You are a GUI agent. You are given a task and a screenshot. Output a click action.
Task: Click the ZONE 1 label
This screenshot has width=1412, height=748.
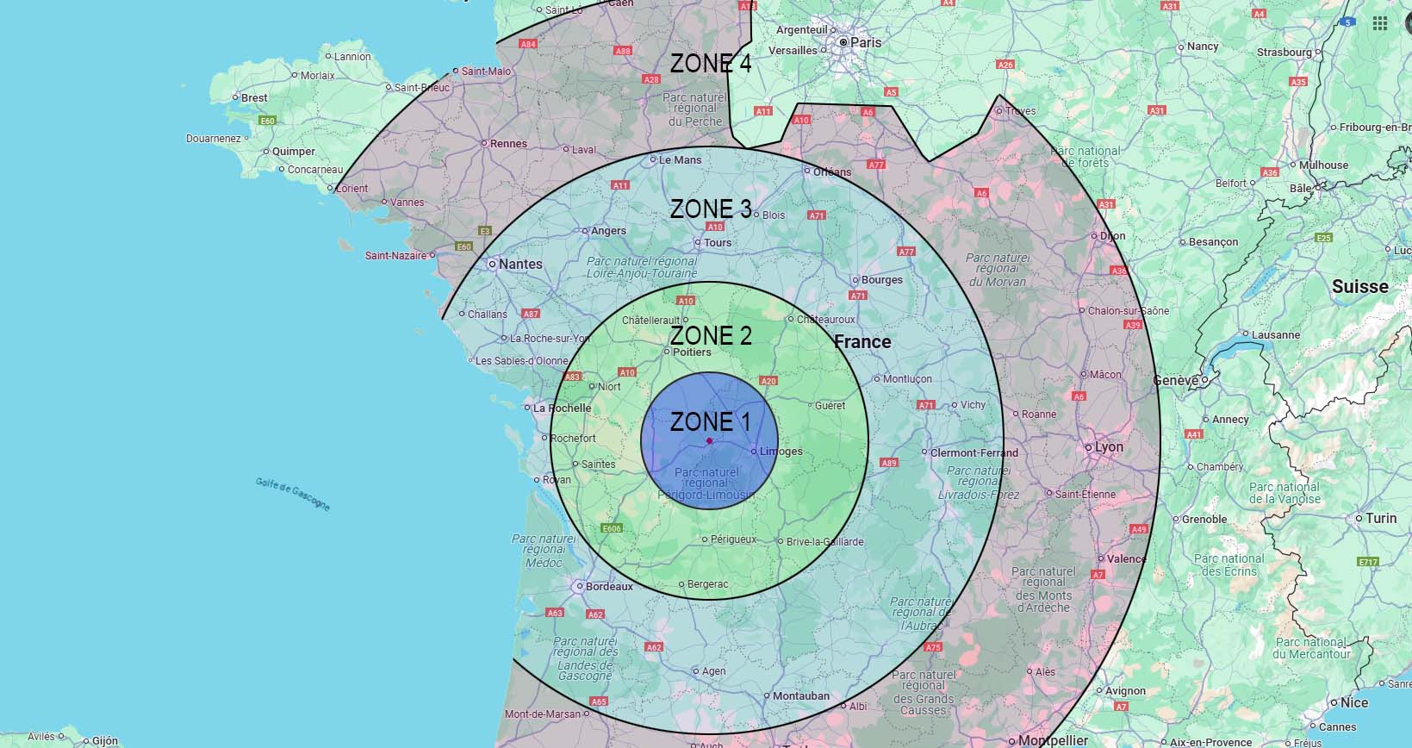[711, 421]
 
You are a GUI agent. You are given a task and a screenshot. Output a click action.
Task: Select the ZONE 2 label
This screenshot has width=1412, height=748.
[711, 335]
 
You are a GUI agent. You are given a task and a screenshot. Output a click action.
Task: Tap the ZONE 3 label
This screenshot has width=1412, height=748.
[711, 209]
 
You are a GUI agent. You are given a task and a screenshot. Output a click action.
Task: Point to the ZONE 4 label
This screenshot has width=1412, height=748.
[711, 64]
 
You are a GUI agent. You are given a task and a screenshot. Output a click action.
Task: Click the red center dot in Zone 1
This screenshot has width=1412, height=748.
[709, 441]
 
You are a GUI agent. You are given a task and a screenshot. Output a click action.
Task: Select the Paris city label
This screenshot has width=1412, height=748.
[866, 42]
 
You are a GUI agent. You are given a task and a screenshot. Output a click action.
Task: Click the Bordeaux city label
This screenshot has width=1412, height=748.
[609, 587]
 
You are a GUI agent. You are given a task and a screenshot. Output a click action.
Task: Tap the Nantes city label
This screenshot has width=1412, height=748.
[520, 264]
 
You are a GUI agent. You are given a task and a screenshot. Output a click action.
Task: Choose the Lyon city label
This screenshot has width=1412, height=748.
[1109, 447]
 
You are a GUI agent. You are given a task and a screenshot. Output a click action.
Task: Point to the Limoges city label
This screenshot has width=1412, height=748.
[781, 452]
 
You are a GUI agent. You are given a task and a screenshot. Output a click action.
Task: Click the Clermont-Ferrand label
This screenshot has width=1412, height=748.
[974, 452]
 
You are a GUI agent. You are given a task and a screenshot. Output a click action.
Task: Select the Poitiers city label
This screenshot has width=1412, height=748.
[692, 352]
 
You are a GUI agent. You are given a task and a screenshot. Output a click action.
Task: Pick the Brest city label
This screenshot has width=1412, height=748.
[254, 98]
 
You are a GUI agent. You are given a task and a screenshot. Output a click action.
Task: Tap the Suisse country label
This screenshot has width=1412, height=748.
[1360, 287]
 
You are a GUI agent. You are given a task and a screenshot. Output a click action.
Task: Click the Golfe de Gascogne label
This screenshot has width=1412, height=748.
[293, 494]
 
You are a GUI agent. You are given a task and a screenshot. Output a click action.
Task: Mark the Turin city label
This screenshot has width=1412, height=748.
[1381, 518]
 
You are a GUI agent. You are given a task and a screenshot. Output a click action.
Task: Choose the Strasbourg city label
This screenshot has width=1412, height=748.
[1284, 53]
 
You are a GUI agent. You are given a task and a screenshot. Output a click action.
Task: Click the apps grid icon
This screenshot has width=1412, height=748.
[1380, 23]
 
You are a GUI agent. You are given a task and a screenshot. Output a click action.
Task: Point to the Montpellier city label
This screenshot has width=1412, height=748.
[1053, 740]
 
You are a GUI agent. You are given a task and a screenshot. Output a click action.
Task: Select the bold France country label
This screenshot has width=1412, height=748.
[862, 342]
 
